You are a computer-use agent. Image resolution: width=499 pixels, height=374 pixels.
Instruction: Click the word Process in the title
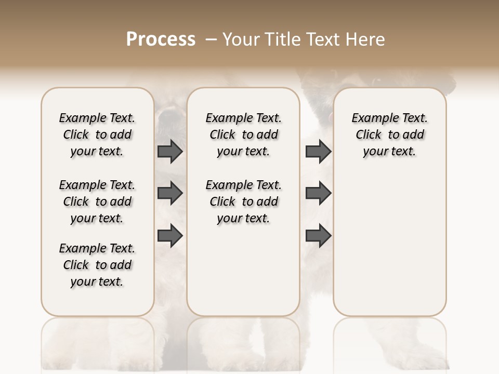(x=161, y=39)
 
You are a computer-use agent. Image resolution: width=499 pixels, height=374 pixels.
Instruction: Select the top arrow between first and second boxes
(x=170, y=152)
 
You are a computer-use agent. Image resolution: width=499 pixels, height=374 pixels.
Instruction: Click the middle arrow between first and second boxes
(x=170, y=193)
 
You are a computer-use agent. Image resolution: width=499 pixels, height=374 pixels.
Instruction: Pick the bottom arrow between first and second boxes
(x=170, y=235)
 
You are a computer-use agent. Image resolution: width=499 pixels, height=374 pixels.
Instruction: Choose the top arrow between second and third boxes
(x=318, y=152)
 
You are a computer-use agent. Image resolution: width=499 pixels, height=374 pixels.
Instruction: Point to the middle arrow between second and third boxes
(x=318, y=193)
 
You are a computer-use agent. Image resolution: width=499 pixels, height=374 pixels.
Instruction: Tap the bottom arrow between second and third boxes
(x=318, y=235)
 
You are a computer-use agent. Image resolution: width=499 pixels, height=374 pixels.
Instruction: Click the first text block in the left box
(x=97, y=135)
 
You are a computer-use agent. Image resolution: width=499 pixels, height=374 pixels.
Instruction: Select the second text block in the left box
(x=97, y=202)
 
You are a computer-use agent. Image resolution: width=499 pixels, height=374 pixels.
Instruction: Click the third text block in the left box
(x=97, y=265)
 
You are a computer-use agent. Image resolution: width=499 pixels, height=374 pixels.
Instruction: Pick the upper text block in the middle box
(x=243, y=135)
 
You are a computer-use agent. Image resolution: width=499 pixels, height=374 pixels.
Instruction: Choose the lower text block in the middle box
(x=243, y=202)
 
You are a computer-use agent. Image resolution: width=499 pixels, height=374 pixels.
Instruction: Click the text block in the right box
(x=390, y=135)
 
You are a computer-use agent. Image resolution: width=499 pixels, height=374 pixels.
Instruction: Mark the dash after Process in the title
(x=211, y=39)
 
